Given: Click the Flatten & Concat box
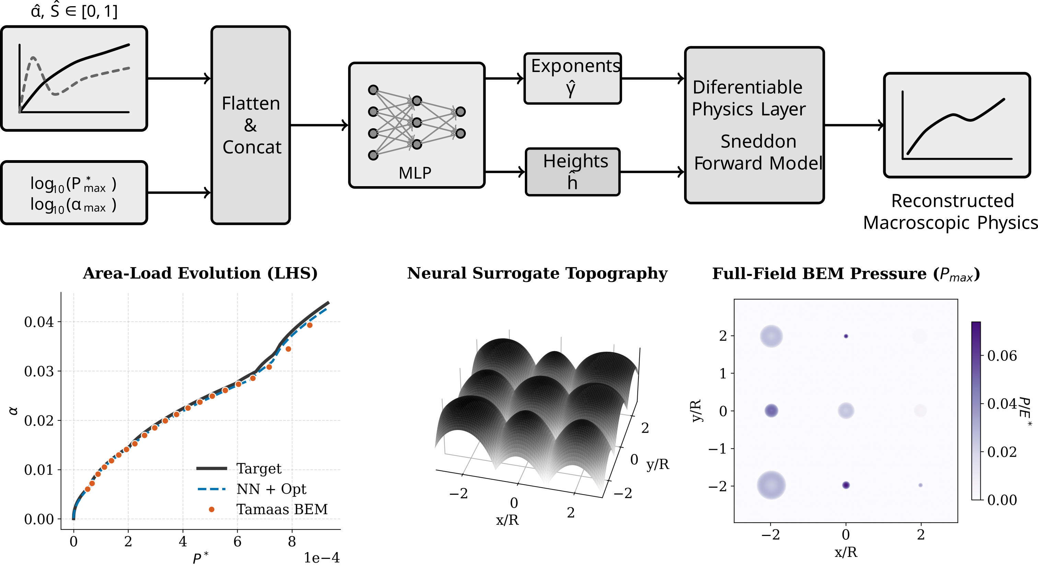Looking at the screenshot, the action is pos(251,125).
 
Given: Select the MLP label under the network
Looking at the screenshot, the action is pos(415,173).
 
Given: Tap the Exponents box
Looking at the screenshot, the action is pos(573,79).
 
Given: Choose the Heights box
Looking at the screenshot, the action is pos(573,172).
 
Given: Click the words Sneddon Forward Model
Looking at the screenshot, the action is pos(758,152).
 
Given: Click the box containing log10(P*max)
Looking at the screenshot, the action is pos(74,193).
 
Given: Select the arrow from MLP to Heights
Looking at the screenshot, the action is pos(505,172).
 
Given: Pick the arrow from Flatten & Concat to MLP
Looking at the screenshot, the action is pos(319,125).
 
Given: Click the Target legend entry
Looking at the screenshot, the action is pos(239,468).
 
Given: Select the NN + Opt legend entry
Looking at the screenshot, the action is pos(252,489).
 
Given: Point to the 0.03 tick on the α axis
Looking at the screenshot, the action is pos(39,371).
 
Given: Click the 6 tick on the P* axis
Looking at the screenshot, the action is pos(237,541).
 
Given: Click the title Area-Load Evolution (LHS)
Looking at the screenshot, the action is pos(200,273).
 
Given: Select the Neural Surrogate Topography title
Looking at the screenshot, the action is pos(537,273).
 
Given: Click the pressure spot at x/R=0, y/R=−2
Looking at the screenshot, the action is pos(846,485).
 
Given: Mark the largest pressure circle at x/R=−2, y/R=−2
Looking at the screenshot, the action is pos(771,485).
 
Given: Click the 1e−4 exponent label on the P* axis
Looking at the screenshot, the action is pos(322,558).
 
